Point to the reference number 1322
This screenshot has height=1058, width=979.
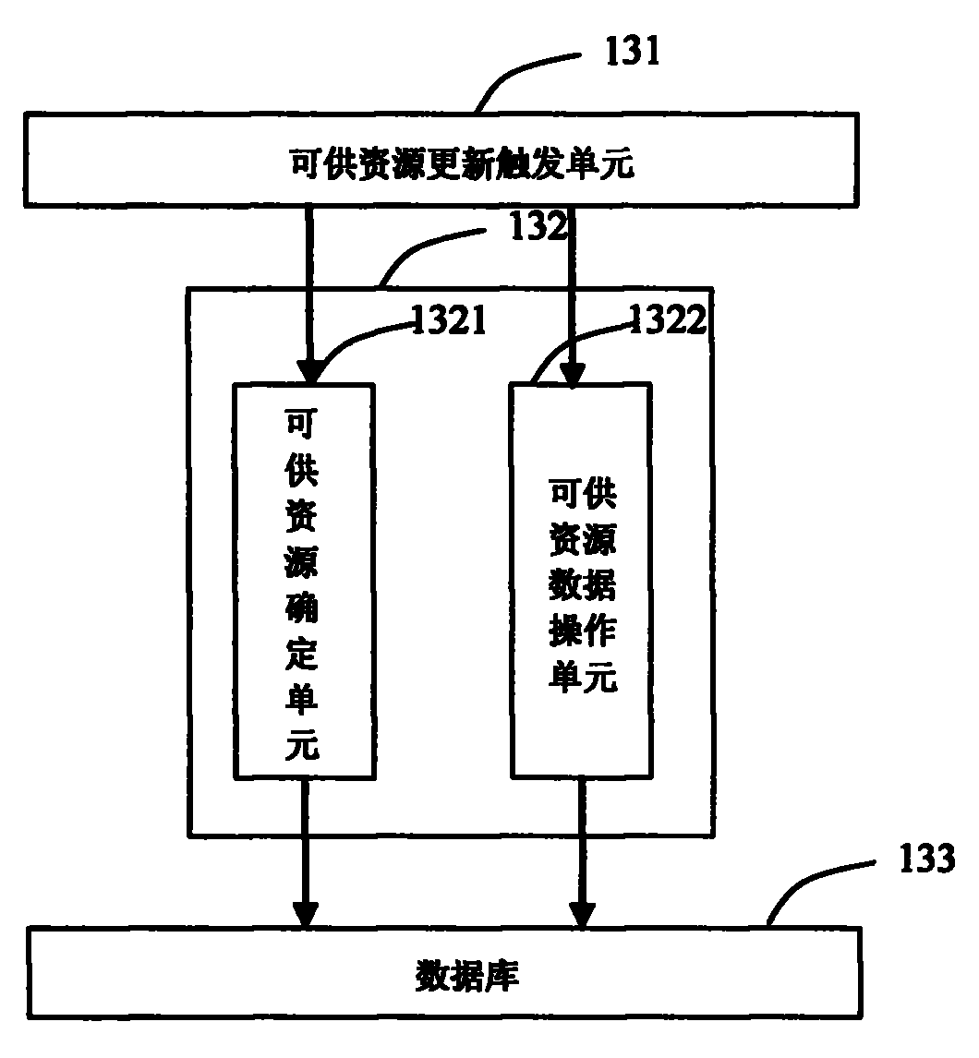667,319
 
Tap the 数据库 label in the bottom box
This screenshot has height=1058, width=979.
466,975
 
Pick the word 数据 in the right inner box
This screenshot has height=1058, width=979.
582,585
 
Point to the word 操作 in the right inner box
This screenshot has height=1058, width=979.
582,632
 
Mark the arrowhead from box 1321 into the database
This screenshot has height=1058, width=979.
305,914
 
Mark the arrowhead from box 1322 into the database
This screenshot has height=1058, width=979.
581,914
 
